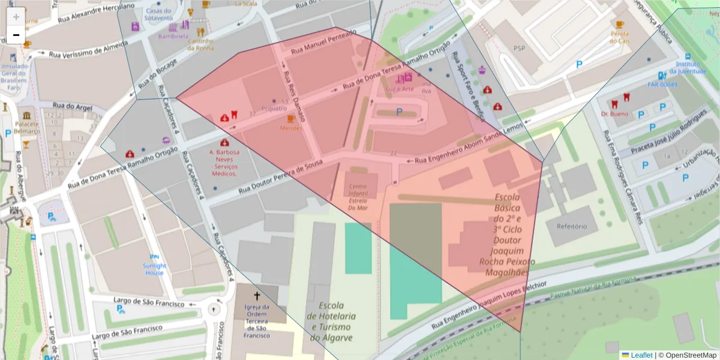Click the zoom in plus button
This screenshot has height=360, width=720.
[16, 17]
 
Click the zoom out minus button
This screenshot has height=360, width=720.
[16, 35]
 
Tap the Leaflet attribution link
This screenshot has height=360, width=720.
[641, 355]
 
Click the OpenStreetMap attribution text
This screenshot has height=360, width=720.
[687, 355]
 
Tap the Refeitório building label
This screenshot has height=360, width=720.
[571, 227]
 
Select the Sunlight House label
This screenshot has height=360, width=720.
[154, 269]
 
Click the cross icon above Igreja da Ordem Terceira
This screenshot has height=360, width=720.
[257, 296]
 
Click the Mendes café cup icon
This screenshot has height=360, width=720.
[291, 119]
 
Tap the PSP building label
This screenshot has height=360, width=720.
[519, 47]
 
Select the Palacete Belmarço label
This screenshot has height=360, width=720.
[27, 127]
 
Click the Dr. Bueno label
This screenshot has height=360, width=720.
[614, 113]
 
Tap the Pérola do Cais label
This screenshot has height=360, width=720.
[619, 37]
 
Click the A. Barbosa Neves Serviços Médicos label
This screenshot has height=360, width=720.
[224, 163]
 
